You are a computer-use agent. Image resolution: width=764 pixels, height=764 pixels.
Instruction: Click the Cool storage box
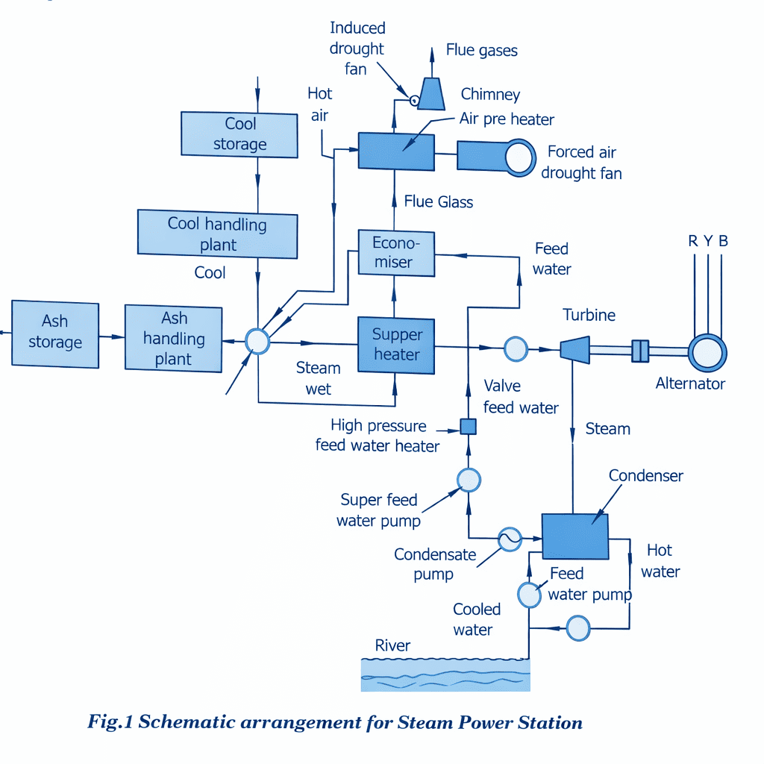pos(239,134)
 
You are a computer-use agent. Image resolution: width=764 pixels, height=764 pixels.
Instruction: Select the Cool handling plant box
pos(217,234)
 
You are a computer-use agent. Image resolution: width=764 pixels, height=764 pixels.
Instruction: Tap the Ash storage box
pos(55,334)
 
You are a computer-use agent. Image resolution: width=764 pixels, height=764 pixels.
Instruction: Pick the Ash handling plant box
pos(173,339)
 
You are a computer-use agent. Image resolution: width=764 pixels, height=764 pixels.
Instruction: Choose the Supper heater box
pos(396,344)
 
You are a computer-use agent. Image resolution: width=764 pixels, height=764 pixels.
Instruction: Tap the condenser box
pos(575,536)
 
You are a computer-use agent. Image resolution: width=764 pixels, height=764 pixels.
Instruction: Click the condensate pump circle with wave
pos(510,539)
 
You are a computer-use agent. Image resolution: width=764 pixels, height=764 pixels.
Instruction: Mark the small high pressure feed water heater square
pos(468,427)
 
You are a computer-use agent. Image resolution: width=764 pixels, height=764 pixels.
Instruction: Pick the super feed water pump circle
pos(469,480)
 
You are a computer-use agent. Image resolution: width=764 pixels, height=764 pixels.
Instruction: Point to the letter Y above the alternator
pos(708,241)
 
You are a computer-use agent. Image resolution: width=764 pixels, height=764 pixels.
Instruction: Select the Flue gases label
pos(481,51)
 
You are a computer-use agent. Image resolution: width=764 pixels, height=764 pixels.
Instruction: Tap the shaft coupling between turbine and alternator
pos(640,351)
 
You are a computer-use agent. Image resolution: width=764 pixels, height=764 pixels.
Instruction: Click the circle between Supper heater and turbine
pos(516,348)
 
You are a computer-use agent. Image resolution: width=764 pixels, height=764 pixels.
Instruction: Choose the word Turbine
pos(589,315)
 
